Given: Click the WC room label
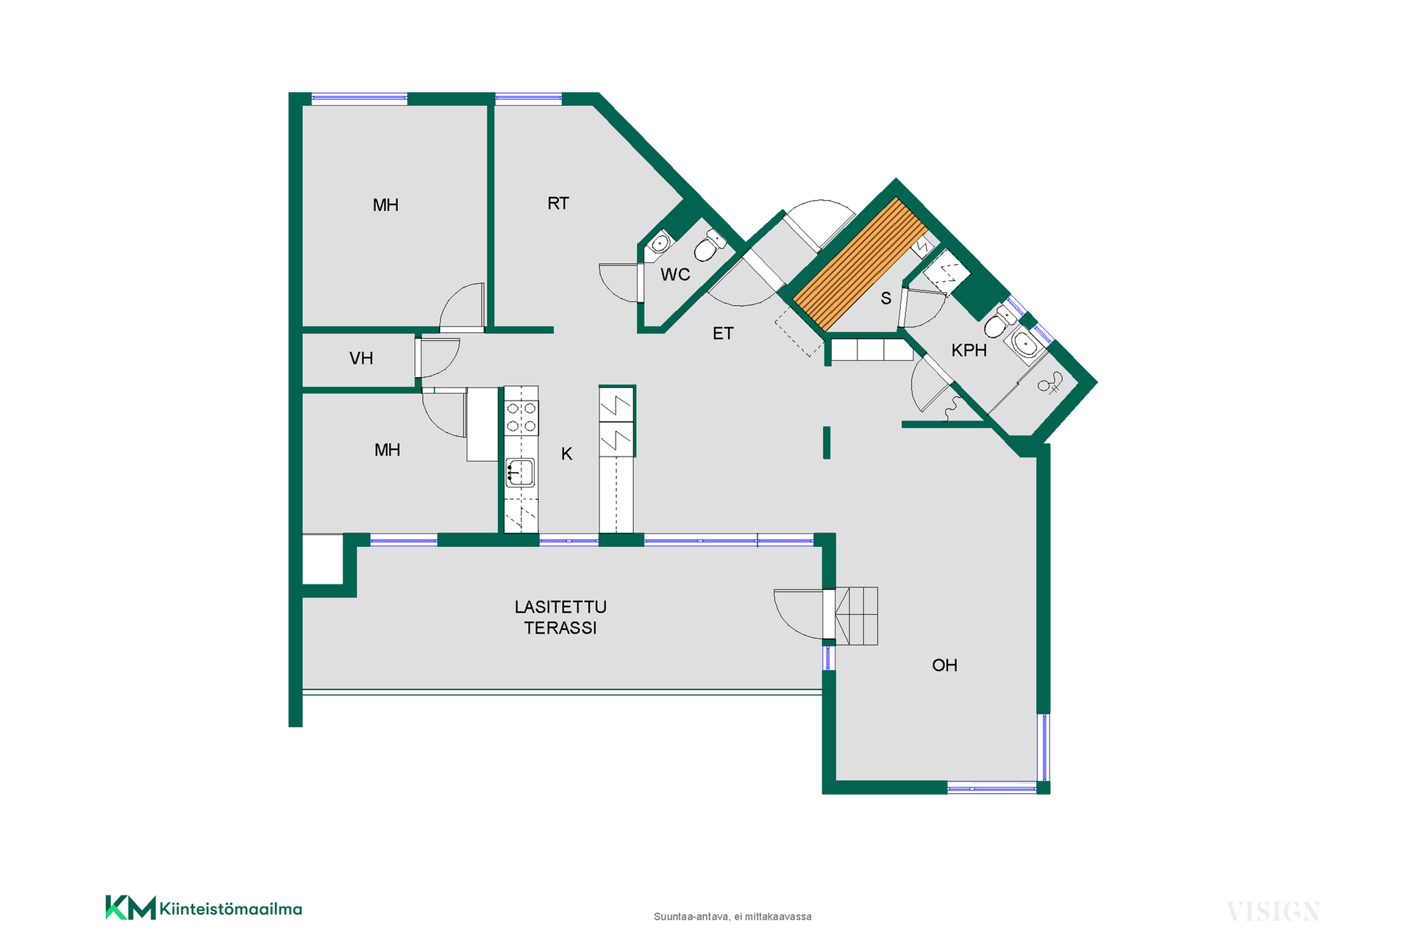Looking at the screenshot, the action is coord(675,275).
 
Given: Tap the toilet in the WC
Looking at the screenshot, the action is coord(708,246).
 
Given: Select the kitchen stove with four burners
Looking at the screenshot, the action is coord(521,417).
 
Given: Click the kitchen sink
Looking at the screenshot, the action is coord(520,473).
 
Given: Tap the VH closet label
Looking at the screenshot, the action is coord(361,359).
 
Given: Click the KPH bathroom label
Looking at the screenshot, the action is coord(969,351).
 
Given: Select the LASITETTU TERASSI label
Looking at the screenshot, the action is coord(560,618).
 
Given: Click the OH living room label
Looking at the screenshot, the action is coord(944,665).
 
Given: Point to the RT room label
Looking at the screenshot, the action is coord(558,204).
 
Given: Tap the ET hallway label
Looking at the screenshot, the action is coord(723,334).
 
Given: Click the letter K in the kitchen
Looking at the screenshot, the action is coord(566,454).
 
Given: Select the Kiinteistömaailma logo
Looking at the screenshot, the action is coord(204,908).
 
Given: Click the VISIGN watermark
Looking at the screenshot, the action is coord(1273,912).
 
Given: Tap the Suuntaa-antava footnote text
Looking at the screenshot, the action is coord(732,917).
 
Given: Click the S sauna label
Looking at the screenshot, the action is coord(885,298).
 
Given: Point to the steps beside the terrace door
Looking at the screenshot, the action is coord(857,616).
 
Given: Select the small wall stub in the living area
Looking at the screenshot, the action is coord(827,443).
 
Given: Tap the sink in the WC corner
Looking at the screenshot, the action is coord(659,243).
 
